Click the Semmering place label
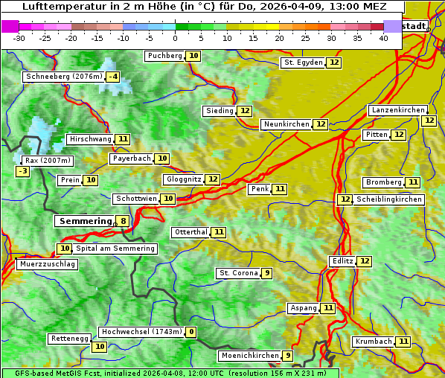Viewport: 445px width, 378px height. [x=84, y=221]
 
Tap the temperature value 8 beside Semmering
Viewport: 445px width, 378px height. [x=123, y=221]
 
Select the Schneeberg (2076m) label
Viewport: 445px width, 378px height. [x=63, y=77]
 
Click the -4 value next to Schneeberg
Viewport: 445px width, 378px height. [x=113, y=77]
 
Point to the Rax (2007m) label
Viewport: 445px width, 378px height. [x=47, y=160]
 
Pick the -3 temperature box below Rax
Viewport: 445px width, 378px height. [x=23, y=171]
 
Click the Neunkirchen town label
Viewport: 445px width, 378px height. [x=286, y=124]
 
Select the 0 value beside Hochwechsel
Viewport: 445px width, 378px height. [x=191, y=332]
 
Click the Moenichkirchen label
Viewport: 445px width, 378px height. [x=250, y=356]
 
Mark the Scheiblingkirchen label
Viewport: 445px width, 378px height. [x=388, y=199]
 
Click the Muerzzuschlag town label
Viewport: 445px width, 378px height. [x=47, y=264]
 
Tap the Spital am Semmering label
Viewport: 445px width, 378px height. [x=115, y=249]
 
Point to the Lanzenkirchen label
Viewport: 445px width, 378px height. [x=397, y=110]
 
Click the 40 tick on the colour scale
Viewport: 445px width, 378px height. [x=383, y=38]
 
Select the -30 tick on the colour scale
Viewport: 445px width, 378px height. [x=19, y=38]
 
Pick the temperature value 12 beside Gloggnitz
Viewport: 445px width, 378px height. [x=213, y=179]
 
